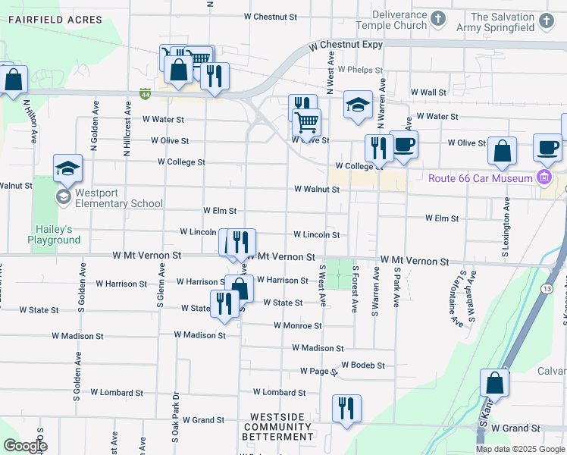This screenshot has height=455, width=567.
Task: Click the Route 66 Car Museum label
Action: tap(481, 178)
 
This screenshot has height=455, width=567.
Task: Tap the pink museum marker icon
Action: tap(544, 178)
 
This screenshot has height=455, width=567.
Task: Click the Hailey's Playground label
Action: tap(54, 234)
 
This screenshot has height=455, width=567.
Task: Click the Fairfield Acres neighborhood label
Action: tap(45, 20)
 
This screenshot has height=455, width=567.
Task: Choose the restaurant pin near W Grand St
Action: tap(346, 408)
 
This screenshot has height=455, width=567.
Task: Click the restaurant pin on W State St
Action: tap(224, 304)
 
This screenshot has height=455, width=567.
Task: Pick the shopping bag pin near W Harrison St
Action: tap(240, 288)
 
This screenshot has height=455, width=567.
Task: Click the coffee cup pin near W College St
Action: tap(403, 144)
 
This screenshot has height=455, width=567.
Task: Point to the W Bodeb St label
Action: tap(363, 365)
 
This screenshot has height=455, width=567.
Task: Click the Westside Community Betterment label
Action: tap(277, 427)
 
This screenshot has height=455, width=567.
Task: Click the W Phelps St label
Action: tap(361, 69)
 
